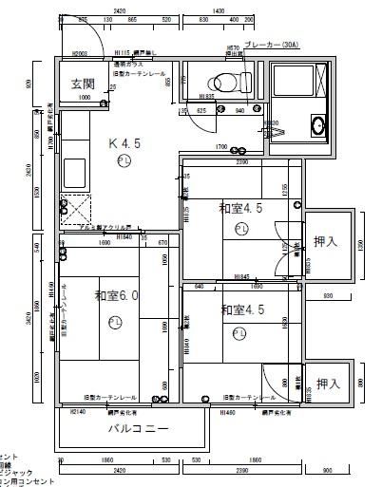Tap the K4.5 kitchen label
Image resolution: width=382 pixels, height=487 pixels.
(x=124, y=144)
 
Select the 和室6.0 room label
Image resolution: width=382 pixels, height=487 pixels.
(x=117, y=295)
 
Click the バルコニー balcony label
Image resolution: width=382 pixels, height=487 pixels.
(x=137, y=428)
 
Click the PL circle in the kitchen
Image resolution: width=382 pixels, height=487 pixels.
(x=124, y=162)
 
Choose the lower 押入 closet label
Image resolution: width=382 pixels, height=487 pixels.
(x=328, y=384)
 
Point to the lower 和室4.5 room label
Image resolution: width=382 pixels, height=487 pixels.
(x=243, y=309)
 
